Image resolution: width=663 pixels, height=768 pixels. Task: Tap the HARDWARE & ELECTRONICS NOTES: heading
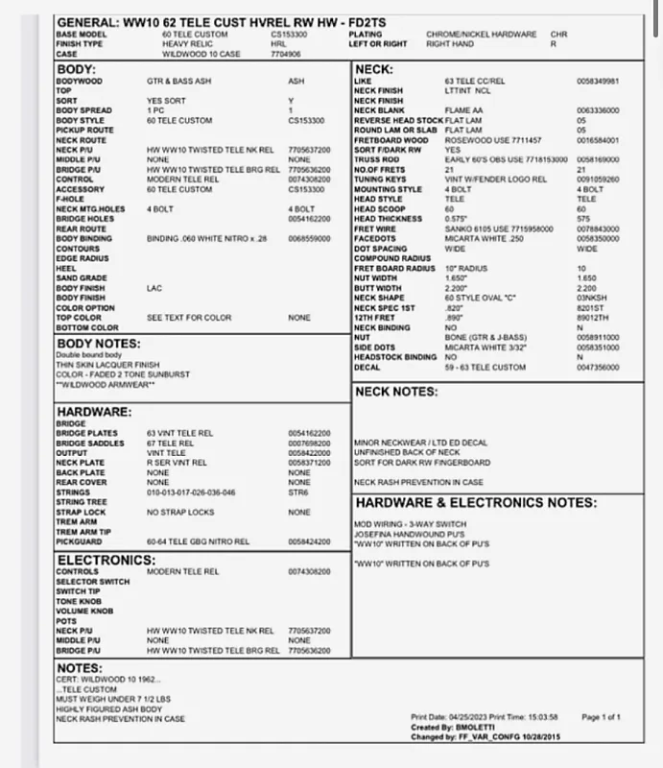pos(477,501)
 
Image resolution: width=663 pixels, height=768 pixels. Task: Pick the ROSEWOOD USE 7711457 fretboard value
pos(482,140)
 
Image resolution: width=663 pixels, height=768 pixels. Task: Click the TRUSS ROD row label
pos(375,160)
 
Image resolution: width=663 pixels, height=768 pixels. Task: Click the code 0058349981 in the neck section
pos(598,82)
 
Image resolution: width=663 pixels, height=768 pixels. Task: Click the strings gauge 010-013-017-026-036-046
pos(191,492)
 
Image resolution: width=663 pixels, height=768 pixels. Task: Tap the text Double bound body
pos(87,355)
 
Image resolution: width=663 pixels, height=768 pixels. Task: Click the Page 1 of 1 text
pos(601,716)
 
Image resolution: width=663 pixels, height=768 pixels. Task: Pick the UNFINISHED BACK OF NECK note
pos(407,452)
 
